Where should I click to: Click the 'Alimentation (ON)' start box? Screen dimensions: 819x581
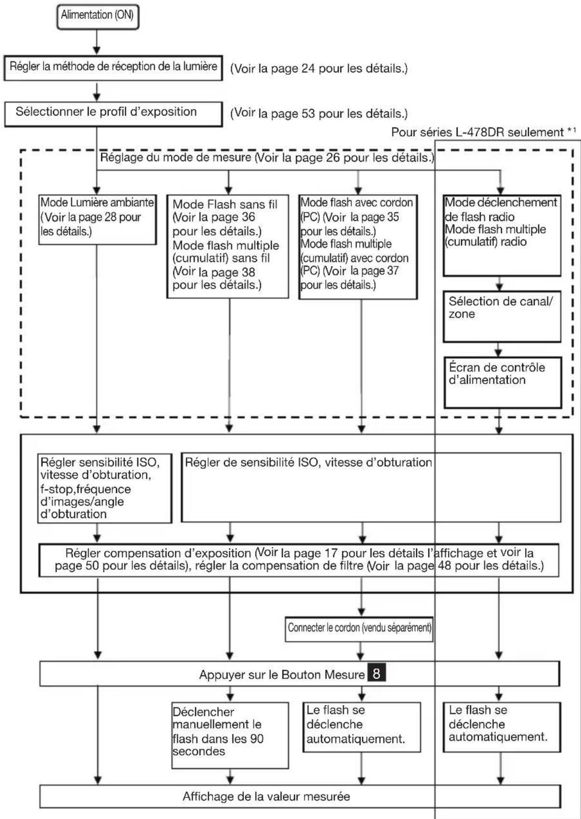click(97, 15)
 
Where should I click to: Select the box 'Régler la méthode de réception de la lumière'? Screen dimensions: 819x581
click(114, 67)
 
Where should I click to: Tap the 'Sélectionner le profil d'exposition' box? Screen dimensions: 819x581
click(114, 113)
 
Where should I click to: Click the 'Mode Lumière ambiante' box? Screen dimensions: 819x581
click(97, 219)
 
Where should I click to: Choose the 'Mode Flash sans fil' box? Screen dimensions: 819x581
click(227, 246)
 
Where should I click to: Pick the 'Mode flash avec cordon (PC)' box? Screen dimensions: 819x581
click(357, 246)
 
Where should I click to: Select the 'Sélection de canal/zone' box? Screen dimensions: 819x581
click(502, 318)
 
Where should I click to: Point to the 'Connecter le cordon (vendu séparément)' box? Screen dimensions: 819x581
click(359, 628)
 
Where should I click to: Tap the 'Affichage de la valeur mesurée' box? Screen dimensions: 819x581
click(300, 796)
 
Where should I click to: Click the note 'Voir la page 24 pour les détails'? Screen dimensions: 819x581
click(319, 68)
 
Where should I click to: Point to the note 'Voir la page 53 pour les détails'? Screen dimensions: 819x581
click(319, 114)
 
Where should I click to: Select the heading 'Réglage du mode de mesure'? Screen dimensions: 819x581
click(265, 157)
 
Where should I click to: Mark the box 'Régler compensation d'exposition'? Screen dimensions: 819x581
click(299, 559)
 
